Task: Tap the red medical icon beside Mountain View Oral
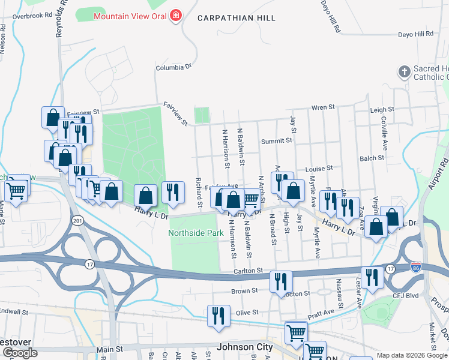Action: click(x=175, y=14)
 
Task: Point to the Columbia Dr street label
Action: click(x=173, y=67)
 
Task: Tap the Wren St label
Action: click(x=322, y=107)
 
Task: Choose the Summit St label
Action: click(x=276, y=140)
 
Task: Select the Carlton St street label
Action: click(x=249, y=272)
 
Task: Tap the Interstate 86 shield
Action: click(x=415, y=265)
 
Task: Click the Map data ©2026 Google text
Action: click(x=412, y=356)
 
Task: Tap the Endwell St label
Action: click(x=14, y=312)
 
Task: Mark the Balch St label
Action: click(x=372, y=158)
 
